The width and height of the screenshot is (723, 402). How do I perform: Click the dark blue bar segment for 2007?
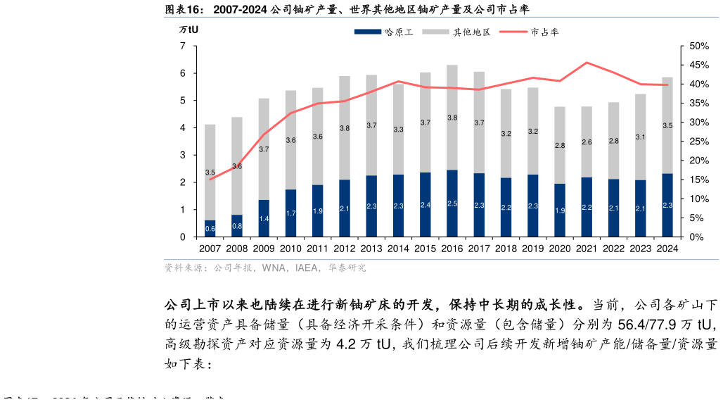pyautogui.click(x=210, y=229)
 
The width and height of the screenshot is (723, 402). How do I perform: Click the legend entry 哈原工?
pyautogui.click(x=383, y=32)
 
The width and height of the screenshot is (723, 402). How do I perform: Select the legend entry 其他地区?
pyautogui.click(x=461, y=32)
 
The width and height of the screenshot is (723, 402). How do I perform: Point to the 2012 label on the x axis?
pyautogui.click(x=345, y=249)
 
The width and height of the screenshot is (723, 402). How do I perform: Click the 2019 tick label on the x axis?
pyautogui.click(x=533, y=249)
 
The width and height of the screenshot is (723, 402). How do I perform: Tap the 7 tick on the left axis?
pyautogui.click(x=183, y=46)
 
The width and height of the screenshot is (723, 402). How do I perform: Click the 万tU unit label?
pyautogui.click(x=188, y=30)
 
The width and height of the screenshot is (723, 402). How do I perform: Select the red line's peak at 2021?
pyautogui.click(x=587, y=63)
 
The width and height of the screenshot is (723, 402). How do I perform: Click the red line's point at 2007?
pyautogui.click(x=210, y=179)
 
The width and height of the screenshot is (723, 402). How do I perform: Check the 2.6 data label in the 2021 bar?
pyautogui.click(x=587, y=142)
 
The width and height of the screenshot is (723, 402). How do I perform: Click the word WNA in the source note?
pyautogui.click(x=274, y=268)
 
